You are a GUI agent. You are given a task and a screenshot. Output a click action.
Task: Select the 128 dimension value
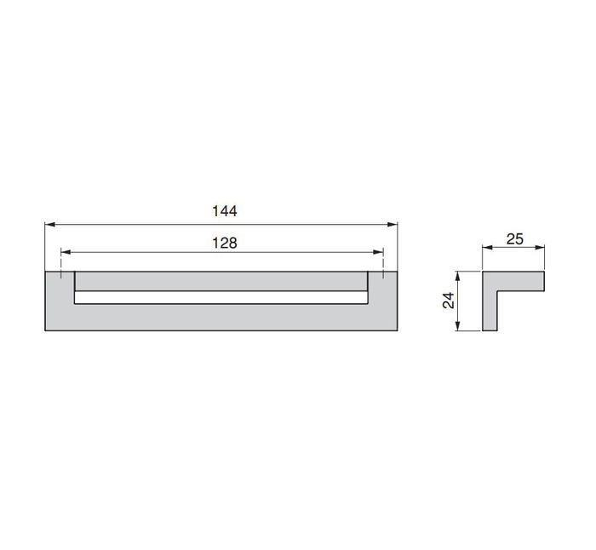pyautogui.click(x=223, y=243)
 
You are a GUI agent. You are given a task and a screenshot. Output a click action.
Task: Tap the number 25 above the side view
pyautogui.click(x=514, y=239)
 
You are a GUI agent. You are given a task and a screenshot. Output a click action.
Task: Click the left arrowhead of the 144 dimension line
pyautogui.click(x=49, y=225)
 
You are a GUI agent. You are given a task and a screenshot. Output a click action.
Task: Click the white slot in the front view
pyautogui.click(x=221, y=298)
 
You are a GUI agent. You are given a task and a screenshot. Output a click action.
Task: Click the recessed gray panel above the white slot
pyautogui.click(x=221, y=282)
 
